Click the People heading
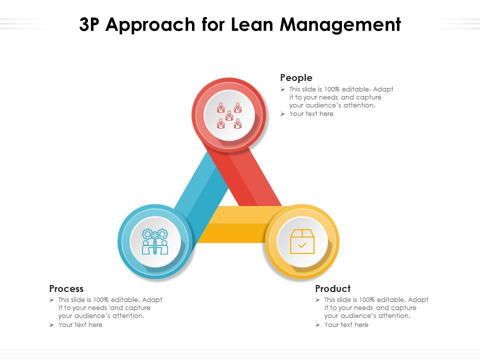tap(296, 78)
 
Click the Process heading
tap(66, 288)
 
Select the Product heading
tap(333, 288)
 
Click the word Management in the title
tap(340, 25)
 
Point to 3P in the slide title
tap(89, 24)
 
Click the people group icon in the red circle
tap(229, 115)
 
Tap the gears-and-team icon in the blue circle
tap(155, 242)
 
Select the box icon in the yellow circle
tap(302, 241)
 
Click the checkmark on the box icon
tap(302, 245)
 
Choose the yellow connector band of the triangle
tap(235, 224)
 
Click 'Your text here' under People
tap(311, 114)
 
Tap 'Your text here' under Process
tap(80, 325)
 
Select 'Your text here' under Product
tap(346, 325)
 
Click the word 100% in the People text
tap(332, 89)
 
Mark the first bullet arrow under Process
tap(51, 299)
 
